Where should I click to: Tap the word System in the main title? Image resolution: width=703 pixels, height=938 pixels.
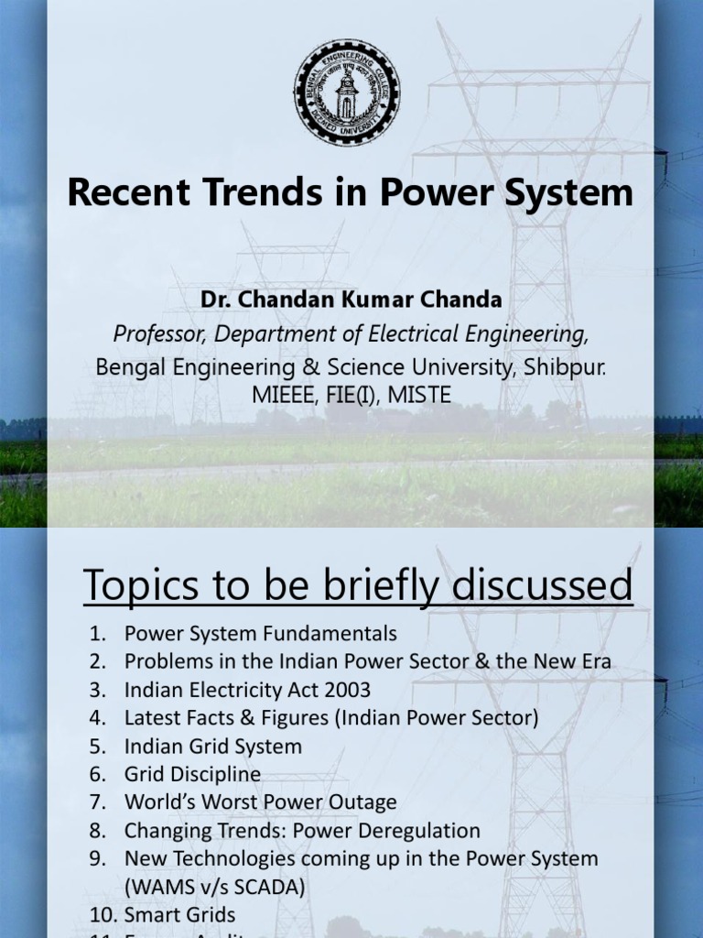tap(568, 192)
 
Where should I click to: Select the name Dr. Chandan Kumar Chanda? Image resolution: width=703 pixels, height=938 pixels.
tap(351, 300)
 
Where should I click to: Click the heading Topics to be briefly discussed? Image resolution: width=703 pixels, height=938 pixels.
tap(358, 585)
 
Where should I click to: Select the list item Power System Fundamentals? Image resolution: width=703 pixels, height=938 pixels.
tap(261, 633)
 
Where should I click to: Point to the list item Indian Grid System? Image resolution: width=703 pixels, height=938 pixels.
tap(213, 746)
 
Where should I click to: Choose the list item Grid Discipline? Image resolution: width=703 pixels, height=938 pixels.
tap(193, 774)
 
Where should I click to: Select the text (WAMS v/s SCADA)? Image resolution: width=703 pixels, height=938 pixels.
tap(215, 887)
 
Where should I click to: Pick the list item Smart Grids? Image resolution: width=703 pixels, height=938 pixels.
tap(180, 914)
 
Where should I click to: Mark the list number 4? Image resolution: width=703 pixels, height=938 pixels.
tap(98, 717)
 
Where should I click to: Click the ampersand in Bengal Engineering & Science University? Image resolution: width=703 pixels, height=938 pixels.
tap(312, 366)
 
